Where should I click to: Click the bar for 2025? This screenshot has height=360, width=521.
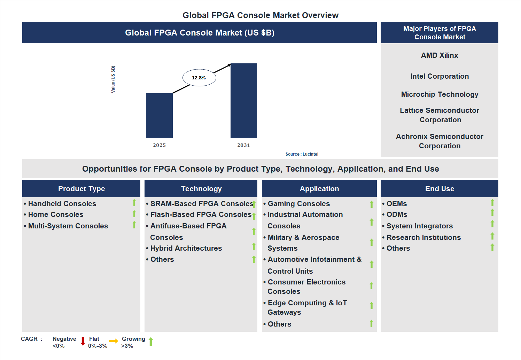pyautogui.click(x=159, y=116)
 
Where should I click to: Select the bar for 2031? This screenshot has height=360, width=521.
pyautogui.click(x=244, y=101)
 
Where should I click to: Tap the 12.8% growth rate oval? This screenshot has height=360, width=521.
pyautogui.click(x=199, y=78)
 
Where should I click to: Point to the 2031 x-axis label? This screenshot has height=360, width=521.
pyautogui.click(x=244, y=145)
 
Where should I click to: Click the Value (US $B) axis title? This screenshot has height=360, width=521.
pyautogui.click(x=113, y=79)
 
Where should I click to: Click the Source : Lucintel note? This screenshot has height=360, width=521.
pyautogui.click(x=302, y=154)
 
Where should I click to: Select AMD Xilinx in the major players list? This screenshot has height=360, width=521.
pyautogui.click(x=440, y=55)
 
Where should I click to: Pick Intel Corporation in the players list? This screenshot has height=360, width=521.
pyautogui.click(x=440, y=76)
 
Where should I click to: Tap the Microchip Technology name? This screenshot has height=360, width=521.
pyautogui.click(x=440, y=94)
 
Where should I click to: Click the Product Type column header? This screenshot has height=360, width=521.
pyautogui.click(x=81, y=189)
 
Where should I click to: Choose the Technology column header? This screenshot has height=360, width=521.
pyautogui.click(x=201, y=189)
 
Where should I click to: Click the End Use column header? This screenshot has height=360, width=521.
pyautogui.click(x=440, y=189)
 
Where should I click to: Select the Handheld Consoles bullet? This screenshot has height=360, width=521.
pyautogui.click(x=62, y=204)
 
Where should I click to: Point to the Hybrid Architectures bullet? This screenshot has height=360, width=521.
pyautogui.click(x=186, y=248)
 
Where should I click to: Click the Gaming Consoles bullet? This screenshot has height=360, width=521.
pyautogui.click(x=298, y=204)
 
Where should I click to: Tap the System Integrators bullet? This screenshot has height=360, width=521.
pyautogui.click(x=419, y=226)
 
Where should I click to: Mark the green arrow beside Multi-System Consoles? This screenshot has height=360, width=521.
pyautogui.click(x=134, y=225)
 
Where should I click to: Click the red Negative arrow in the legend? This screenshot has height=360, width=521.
pyautogui.click(x=83, y=341)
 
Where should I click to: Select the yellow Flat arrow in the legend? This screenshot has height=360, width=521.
pyautogui.click(x=114, y=341)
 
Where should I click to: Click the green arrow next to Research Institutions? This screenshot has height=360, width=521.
pyautogui.click(x=492, y=236)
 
